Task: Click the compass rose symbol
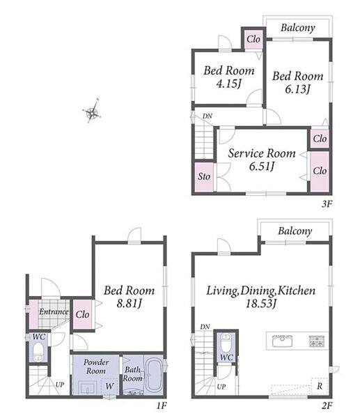tap(92, 111)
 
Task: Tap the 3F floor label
tap(327, 204)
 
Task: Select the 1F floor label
tap(162, 405)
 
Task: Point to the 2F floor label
tap(327, 405)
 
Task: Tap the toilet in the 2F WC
tap(226, 342)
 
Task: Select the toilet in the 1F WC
tap(38, 352)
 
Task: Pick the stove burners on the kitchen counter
tap(317, 341)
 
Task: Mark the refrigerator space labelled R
tap(320, 386)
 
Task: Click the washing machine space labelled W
tap(109, 386)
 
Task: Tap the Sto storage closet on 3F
tap(204, 177)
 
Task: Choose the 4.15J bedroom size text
tap(228, 84)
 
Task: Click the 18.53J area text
tap(260, 304)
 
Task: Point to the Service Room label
tap(262, 153)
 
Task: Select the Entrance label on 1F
tap(54, 311)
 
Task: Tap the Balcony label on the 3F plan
tap(298, 28)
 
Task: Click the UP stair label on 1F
tap(60, 385)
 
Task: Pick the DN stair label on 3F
tap(208, 116)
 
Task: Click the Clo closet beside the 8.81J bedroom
tap(82, 315)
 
